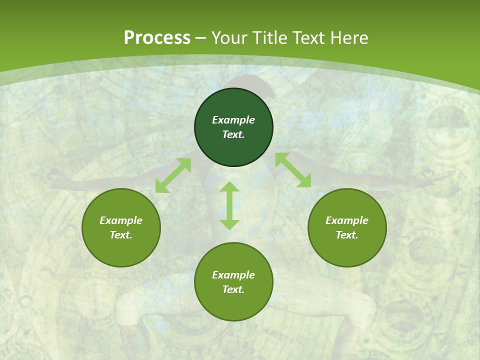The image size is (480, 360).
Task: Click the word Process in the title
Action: pyautogui.click(x=157, y=38)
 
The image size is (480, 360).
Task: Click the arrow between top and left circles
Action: pyautogui.click(x=173, y=175)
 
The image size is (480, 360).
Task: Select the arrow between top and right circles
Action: pyautogui.click(x=293, y=170)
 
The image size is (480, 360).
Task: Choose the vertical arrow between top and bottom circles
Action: pyautogui.click(x=229, y=205)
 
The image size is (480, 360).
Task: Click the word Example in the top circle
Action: pyautogui.click(x=233, y=120)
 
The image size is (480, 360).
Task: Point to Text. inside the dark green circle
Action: pyautogui.click(x=233, y=134)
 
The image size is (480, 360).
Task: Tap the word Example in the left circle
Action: pyautogui.click(x=121, y=220)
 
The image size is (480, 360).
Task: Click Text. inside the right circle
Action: pyautogui.click(x=347, y=235)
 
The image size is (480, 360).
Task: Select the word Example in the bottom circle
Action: pyautogui.click(x=233, y=275)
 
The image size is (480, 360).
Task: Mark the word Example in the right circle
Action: pyautogui.click(x=347, y=220)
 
